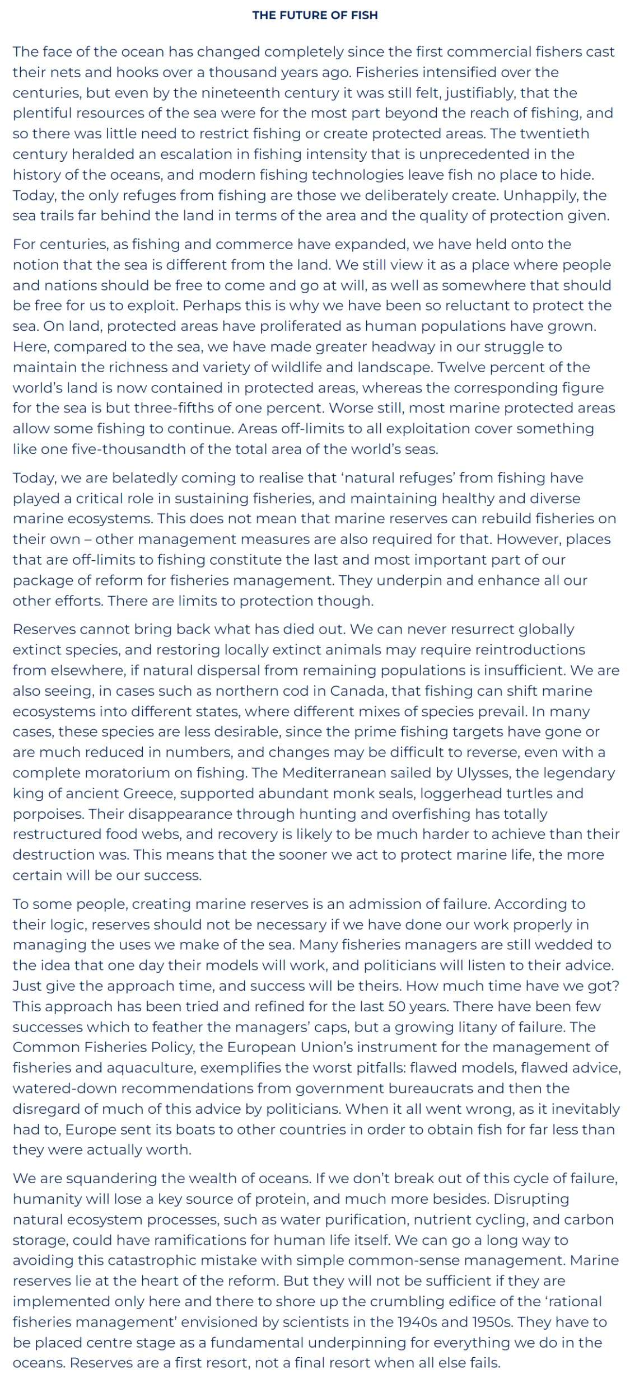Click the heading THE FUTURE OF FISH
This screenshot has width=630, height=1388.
(315, 15)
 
